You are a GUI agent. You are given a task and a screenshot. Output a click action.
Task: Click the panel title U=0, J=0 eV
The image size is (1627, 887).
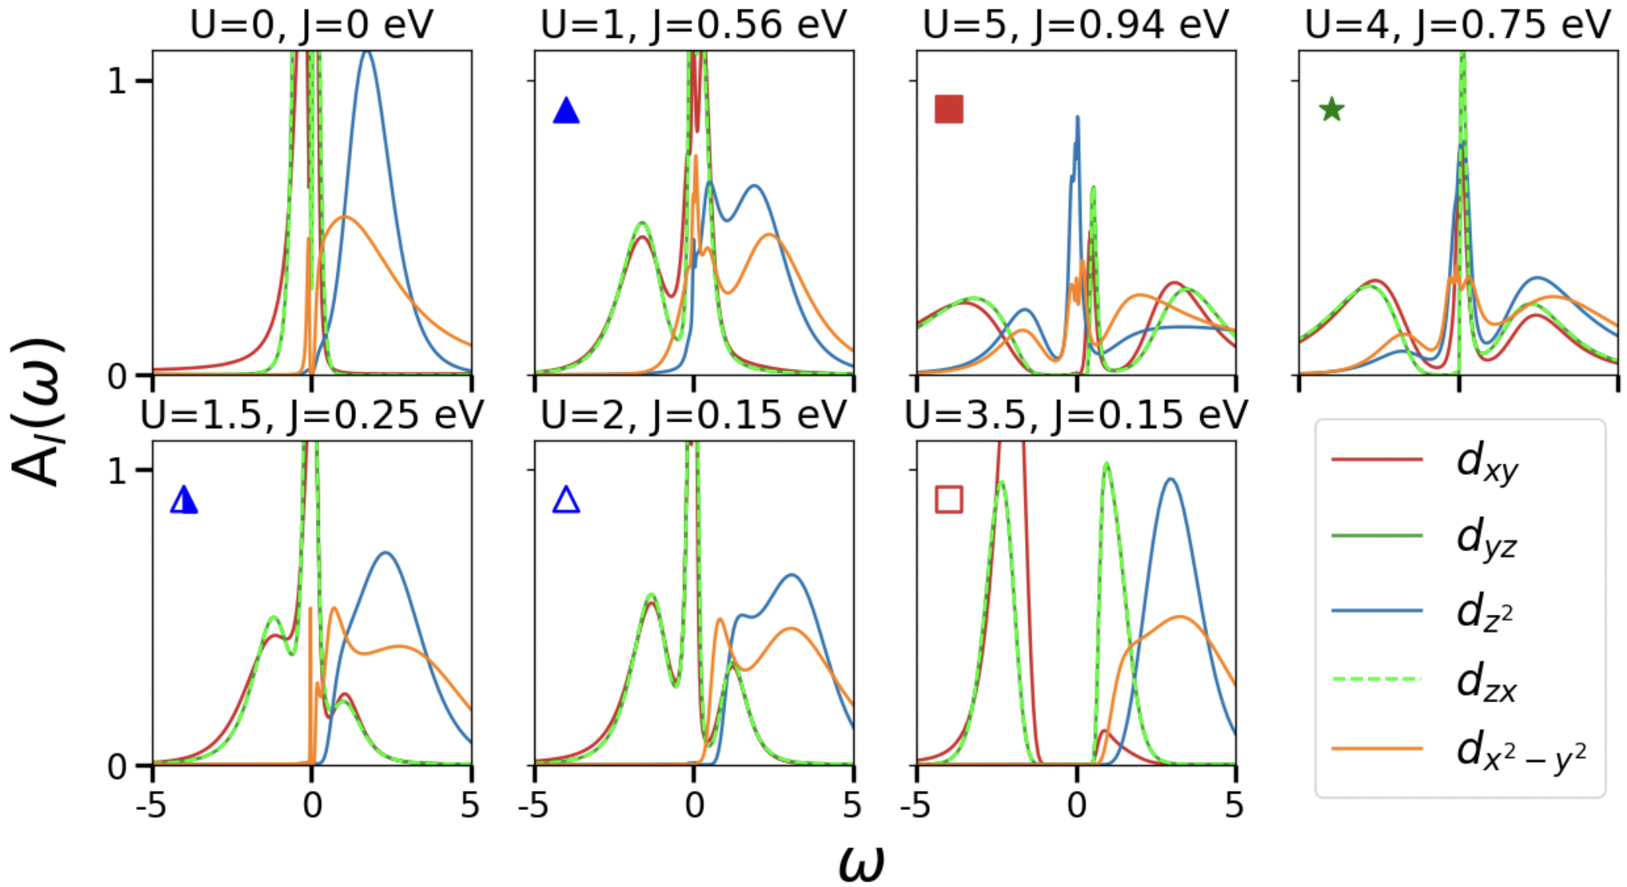click(x=311, y=25)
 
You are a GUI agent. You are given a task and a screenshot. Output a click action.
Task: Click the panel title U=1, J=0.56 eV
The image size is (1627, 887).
click(x=693, y=25)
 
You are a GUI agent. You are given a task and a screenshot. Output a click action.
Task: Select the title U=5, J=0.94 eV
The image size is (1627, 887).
click(x=1075, y=25)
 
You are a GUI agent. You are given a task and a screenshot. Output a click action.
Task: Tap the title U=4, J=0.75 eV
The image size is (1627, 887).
click(x=1458, y=25)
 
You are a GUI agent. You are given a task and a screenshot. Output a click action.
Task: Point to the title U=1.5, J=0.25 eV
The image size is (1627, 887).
click(x=311, y=415)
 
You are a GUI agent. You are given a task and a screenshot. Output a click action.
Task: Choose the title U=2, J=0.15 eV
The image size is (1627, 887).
click(x=693, y=415)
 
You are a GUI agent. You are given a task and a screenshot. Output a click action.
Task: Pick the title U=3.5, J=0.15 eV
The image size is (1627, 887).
click(x=1075, y=415)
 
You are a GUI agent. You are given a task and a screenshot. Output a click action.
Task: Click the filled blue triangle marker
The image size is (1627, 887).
click(x=566, y=111)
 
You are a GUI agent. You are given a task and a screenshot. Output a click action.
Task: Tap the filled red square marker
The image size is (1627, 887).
click(x=949, y=109)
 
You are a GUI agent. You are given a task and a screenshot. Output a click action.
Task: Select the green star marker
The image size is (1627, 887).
click(x=1331, y=109)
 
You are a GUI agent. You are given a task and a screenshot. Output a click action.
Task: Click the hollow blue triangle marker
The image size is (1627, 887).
click(x=566, y=500)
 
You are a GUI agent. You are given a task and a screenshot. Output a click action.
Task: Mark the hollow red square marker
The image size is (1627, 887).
click(x=949, y=499)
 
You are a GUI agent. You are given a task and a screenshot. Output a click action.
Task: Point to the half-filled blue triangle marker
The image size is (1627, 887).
click(x=184, y=500)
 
